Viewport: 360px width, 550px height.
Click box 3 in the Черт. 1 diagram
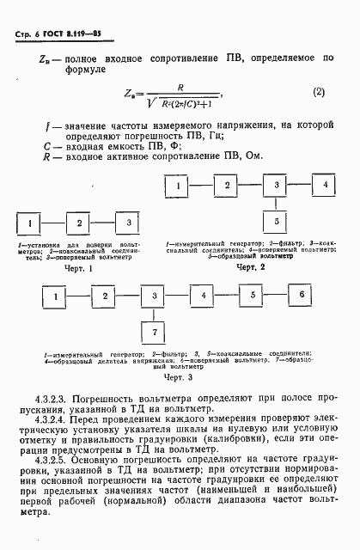click(126, 223)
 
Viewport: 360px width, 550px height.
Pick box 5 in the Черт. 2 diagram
click(277, 222)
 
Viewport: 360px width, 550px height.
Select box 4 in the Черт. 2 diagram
click(326, 185)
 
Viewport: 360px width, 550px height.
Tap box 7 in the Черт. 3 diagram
click(154, 332)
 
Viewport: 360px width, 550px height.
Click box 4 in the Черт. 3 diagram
click(204, 295)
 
